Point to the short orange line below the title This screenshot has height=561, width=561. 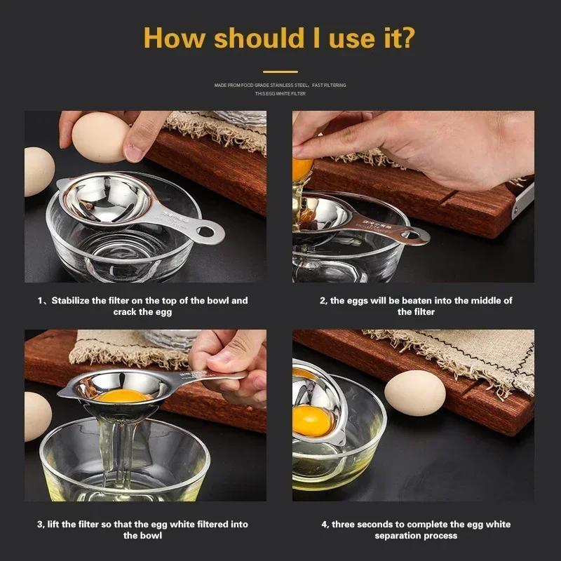(280, 71)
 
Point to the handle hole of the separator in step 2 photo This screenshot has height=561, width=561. (414, 235)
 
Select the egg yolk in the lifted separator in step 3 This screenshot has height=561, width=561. (122, 396)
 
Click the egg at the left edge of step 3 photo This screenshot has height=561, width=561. (36, 417)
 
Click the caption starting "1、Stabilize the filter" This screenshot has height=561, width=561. (142, 306)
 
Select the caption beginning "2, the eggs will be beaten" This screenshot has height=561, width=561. (416, 306)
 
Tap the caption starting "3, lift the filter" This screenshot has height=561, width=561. (142, 529)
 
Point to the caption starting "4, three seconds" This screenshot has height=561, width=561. (416, 529)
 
